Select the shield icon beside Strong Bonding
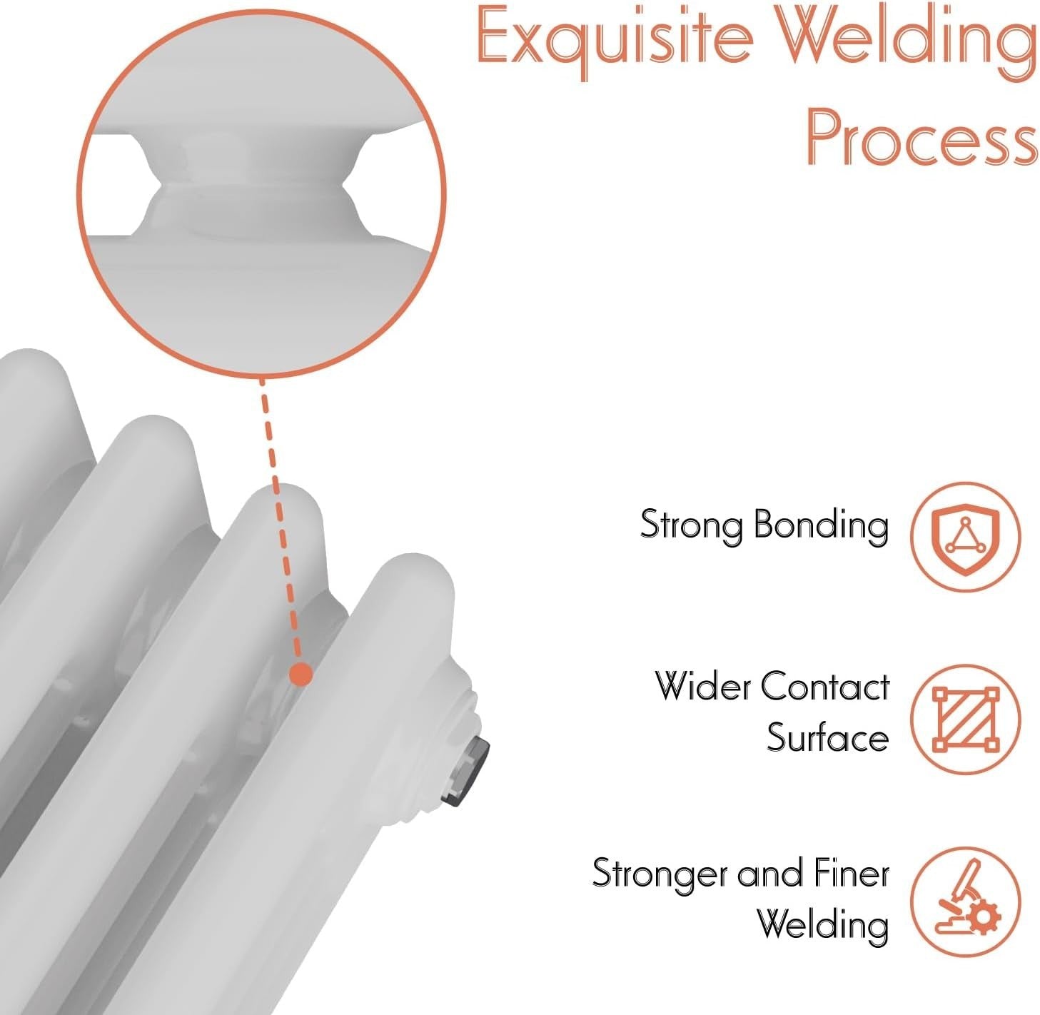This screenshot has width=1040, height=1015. click(x=965, y=537)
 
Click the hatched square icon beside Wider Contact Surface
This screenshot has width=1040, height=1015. click(x=965, y=720)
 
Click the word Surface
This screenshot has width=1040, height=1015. click(x=828, y=738)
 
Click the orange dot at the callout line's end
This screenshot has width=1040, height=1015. click(x=301, y=674)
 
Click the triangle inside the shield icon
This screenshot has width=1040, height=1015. click(x=965, y=536)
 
